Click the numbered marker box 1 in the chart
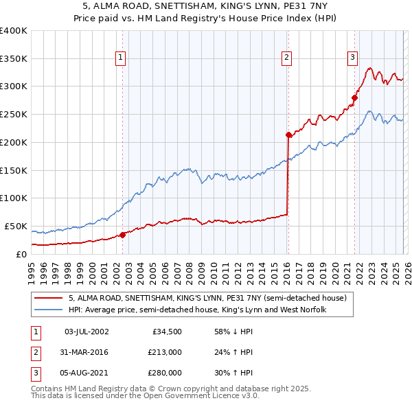pyautogui.click(x=120, y=58)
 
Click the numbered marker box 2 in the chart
pyautogui.click(x=286, y=58)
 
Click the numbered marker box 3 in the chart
pyautogui.click(x=352, y=58)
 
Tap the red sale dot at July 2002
pyautogui.click(x=123, y=235)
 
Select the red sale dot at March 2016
pyautogui.click(x=288, y=135)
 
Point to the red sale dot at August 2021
pyautogui.click(x=355, y=97)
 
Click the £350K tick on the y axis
pyautogui.click(x=14, y=59)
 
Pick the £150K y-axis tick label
pyautogui.click(x=14, y=170)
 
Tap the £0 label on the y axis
pyautogui.click(x=21, y=254)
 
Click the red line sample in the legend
pyautogui.click(x=49, y=299)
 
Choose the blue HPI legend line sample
pyautogui.click(x=49, y=310)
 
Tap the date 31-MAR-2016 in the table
pyautogui.click(x=86, y=352)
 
